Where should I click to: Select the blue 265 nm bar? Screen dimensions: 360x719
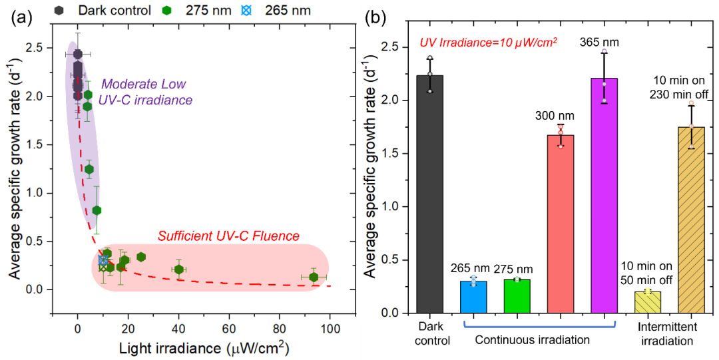tap(473, 297)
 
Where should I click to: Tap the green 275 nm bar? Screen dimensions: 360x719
tap(517, 295)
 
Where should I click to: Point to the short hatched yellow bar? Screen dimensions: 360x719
tap(647, 301)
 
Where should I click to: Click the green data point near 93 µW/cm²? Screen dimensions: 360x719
tap(314, 277)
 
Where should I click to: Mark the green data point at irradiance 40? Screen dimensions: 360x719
tap(178, 269)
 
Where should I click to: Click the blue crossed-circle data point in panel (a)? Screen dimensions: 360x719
tap(103, 261)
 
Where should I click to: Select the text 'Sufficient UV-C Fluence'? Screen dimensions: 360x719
tap(228, 236)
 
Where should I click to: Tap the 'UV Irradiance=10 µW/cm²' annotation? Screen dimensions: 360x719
tap(488, 42)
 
